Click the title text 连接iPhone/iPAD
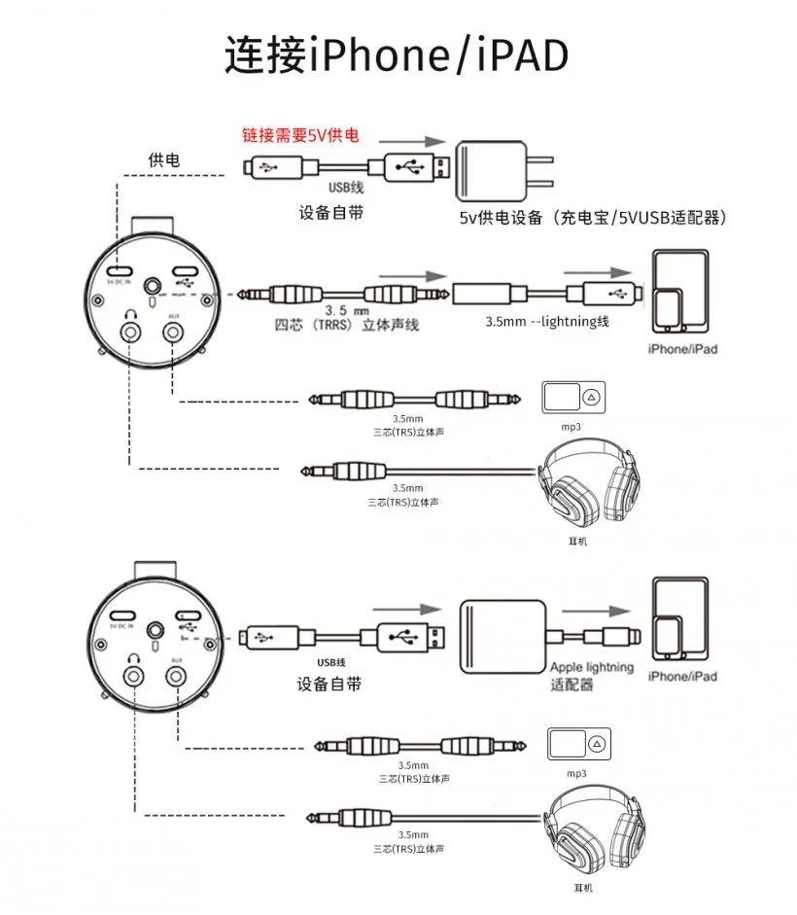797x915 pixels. coord(397,55)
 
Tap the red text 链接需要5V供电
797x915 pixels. coord(300,135)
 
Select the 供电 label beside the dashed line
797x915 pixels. coord(163,158)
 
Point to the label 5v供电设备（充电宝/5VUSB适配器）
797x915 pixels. coord(593,218)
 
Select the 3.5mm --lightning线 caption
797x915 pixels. coord(546,321)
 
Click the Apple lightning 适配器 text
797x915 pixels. coord(591,676)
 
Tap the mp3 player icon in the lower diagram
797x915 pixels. coord(581,744)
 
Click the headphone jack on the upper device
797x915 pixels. coord(129,333)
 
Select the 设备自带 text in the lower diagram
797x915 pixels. coord(329,685)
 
